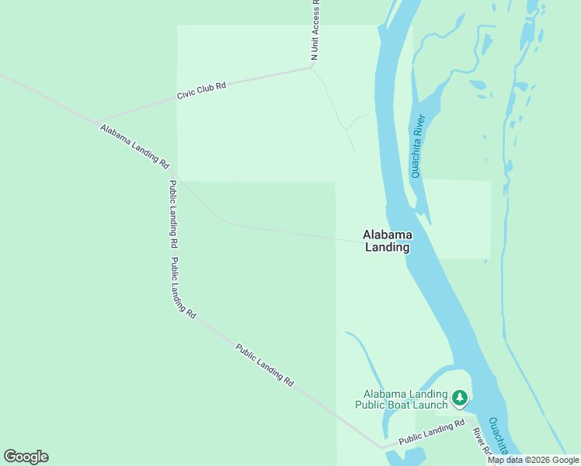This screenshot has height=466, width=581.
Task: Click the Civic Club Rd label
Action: [x=201, y=90]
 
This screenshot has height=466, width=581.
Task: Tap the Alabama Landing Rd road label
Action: [x=134, y=146]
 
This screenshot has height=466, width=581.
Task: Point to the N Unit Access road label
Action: [x=315, y=30]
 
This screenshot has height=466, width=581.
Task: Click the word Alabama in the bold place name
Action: [x=388, y=235]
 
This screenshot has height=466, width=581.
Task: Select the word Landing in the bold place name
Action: [x=388, y=248]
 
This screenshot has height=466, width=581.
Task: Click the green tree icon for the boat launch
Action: [x=460, y=398]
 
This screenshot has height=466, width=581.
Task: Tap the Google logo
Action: [x=26, y=457]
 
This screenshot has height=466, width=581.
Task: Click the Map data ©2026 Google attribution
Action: [x=534, y=460]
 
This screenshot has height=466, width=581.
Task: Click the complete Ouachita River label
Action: [x=419, y=146]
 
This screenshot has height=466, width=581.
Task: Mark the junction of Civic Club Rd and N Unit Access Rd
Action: [x=311, y=67]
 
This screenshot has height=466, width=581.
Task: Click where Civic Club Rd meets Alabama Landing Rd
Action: [x=98, y=123]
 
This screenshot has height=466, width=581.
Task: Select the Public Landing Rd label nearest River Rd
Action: [x=432, y=433]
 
